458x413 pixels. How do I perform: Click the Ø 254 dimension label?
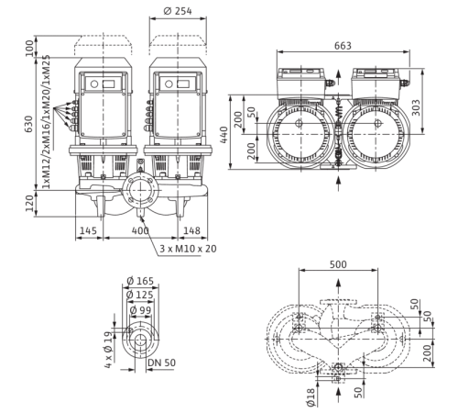pyautogui.click(x=178, y=11)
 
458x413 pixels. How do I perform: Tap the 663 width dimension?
pyautogui.click(x=343, y=46)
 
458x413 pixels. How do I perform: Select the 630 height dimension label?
pyautogui.click(x=29, y=124)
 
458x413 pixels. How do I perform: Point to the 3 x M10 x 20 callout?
pyautogui.click(x=188, y=249)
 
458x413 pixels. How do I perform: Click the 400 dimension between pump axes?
pyautogui.click(x=140, y=230)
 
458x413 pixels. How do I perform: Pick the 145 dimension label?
pyautogui.click(x=88, y=230)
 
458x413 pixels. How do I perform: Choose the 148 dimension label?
pyautogui.click(x=191, y=230)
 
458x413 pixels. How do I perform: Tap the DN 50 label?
pyautogui.click(x=162, y=363)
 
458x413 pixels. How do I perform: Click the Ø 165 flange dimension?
pyautogui.click(x=140, y=281)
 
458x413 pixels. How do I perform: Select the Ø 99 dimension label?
pyautogui.click(x=140, y=310)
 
